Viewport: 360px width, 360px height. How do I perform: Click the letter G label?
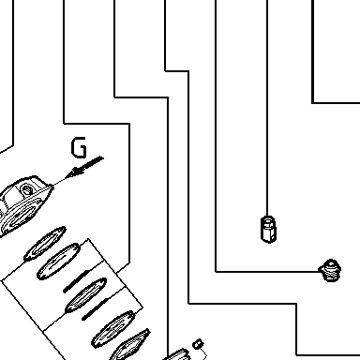pos(79,147)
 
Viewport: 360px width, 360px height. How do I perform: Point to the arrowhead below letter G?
pos(76,172)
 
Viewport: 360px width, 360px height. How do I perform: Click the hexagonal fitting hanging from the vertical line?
pos(268,229)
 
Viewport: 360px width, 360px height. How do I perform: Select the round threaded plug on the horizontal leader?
pos(330,270)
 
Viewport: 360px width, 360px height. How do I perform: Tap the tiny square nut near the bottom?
pos(198,344)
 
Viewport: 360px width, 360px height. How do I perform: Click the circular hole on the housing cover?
pos(26,189)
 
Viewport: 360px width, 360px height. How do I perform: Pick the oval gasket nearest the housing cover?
pos(45,244)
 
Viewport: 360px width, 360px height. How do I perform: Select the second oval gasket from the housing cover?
pos(58,262)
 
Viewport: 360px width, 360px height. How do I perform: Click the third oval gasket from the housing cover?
pos(86,295)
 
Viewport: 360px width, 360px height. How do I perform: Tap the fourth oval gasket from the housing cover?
pos(114,329)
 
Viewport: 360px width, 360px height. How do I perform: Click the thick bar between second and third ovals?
pos(77,281)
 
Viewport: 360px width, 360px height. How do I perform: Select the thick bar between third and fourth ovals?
pos(96,309)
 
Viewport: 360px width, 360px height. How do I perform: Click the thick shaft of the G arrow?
pos(92,163)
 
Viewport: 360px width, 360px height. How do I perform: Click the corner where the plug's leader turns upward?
pos(216,272)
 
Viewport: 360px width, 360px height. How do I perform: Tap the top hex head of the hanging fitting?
pos(268,220)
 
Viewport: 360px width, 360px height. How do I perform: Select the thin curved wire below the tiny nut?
pos(202,353)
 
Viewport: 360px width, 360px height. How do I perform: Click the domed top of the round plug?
pos(331,263)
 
